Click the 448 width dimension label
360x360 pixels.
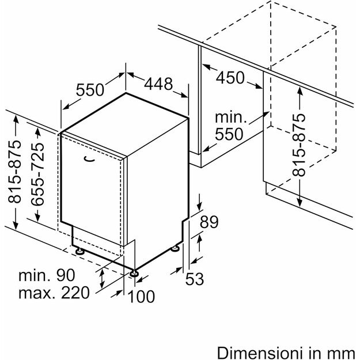click(x=158, y=84)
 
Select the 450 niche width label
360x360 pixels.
click(x=230, y=77)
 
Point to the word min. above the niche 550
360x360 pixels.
click(x=230, y=118)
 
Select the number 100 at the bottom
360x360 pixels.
click(x=141, y=297)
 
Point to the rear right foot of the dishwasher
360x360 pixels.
click(x=175, y=248)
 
